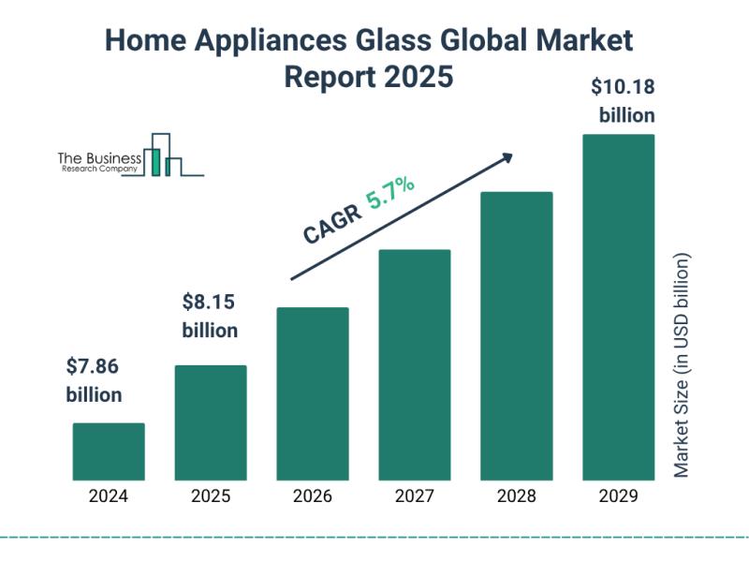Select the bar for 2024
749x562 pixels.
(109, 451)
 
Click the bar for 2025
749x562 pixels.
(211, 422)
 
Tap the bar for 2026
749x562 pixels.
(313, 393)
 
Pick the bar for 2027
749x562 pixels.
(415, 364)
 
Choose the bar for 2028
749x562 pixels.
(517, 335)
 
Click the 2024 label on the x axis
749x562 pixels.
(109, 496)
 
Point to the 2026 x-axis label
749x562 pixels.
(313, 496)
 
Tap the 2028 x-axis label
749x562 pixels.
(517, 496)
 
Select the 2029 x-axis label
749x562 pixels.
(619, 496)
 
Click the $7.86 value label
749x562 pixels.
(94, 366)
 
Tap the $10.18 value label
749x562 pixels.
(622, 87)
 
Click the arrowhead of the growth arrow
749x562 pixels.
(507, 156)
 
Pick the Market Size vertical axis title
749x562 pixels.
(682, 365)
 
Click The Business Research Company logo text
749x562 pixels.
(100, 162)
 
